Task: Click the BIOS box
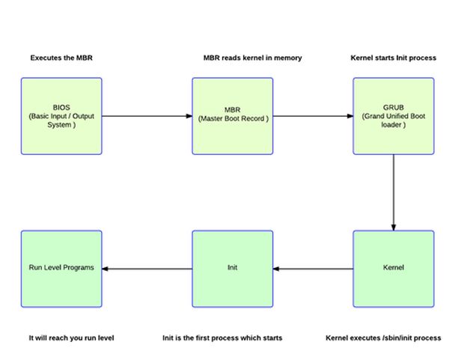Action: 61,116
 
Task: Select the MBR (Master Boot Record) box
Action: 233,116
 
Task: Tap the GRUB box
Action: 394,116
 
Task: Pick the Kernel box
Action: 394,268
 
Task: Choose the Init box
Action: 233,268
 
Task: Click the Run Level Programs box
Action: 61,268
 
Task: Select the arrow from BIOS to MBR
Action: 147,116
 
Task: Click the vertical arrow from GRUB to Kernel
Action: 394,192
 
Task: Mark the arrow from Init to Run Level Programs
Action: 147,268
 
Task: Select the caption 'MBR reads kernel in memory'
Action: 252,58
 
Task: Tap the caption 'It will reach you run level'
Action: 71,338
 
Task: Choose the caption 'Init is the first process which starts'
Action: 222,338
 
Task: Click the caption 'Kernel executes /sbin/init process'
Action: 383,338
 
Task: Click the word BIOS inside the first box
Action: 61,108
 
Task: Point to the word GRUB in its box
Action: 394,108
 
